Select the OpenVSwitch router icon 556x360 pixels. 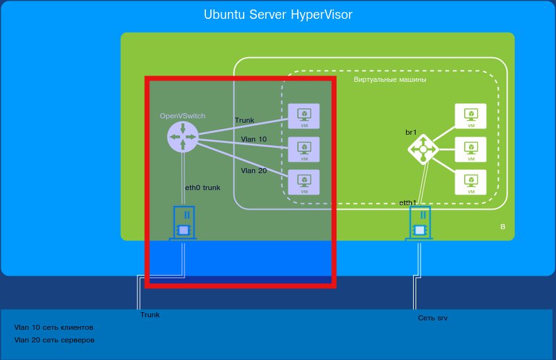[x=183, y=137]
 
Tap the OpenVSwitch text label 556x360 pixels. [x=183, y=116]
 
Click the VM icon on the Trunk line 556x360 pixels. [x=304, y=116]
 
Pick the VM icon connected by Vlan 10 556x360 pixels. [x=304, y=149]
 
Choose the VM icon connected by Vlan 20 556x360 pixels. [x=304, y=182]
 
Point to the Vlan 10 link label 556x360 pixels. [x=254, y=139]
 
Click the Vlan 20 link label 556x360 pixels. [x=254, y=171]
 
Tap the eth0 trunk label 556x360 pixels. [x=203, y=188]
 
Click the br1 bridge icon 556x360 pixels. [x=423, y=149]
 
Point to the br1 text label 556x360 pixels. [x=411, y=132]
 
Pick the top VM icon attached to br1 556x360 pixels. [x=470, y=116]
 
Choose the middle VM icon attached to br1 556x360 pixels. [x=470, y=149]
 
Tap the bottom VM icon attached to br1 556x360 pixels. [x=470, y=182]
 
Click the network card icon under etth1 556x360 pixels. [x=420, y=224]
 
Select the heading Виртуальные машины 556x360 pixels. [x=390, y=80]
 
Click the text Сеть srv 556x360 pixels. [x=433, y=318]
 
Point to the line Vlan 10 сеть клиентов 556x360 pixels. [x=54, y=327]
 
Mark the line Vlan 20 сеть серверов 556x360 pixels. [x=54, y=340]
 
